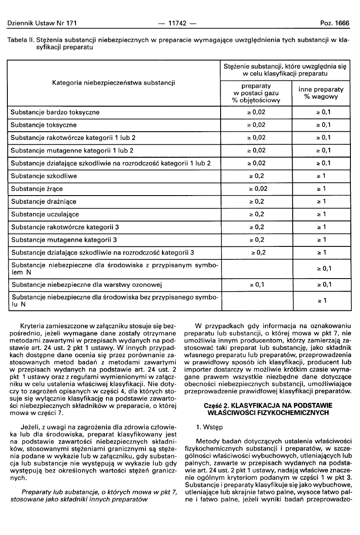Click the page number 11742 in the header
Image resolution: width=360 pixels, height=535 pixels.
coord(180,23)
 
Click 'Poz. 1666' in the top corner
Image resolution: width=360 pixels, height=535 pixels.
coord(335,23)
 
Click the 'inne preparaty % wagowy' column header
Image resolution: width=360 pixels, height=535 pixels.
coord(321,93)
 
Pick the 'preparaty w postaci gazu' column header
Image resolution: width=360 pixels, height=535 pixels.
coord(256,93)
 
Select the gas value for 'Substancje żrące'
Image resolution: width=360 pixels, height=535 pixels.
coord(257,189)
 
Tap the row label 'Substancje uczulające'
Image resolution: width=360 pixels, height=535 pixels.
coord(45,214)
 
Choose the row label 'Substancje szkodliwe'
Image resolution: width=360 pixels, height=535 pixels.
coord(44,176)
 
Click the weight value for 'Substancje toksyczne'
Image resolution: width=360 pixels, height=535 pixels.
coord(324,125)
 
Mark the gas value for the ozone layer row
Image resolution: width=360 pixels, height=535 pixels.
coord(257,285)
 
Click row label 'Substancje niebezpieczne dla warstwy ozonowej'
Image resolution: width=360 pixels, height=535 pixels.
coord(86,285)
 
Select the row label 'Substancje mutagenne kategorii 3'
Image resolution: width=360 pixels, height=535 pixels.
coord(65,240)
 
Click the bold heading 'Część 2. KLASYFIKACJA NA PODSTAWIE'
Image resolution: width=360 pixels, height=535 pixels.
coord(268,405)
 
